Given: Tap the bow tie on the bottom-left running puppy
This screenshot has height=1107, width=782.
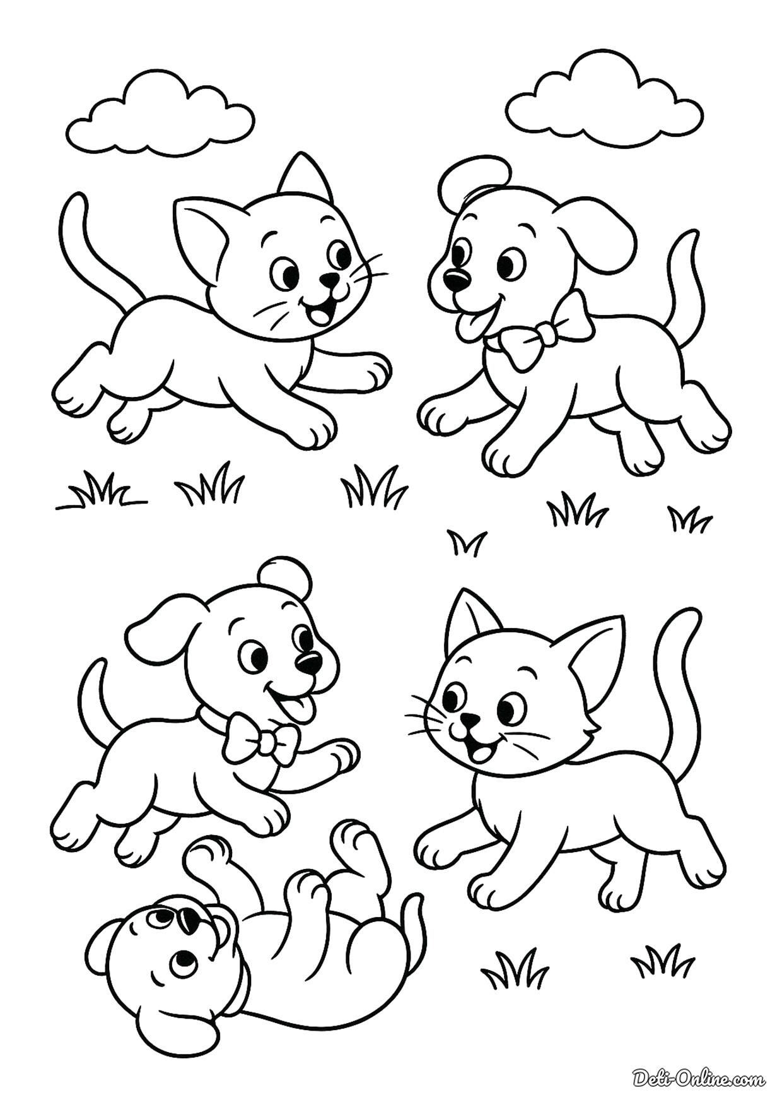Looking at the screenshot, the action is point(260,739).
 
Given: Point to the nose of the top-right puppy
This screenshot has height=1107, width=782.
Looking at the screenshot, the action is point(455,277).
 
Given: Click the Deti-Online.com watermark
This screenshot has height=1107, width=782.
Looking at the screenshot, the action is point(699,1077).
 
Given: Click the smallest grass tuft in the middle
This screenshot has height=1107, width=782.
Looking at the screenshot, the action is point(467,542).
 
